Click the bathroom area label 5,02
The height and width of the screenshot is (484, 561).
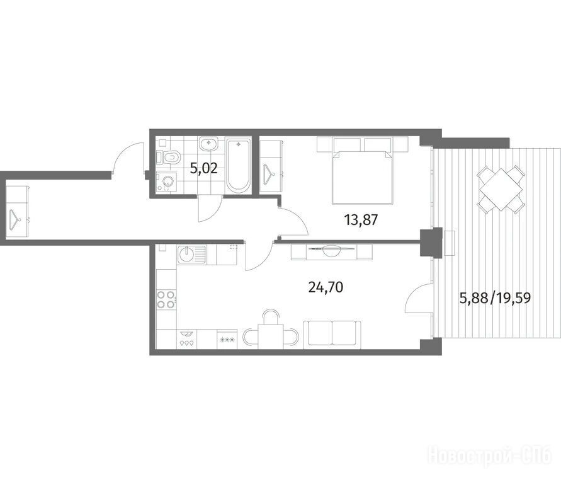203,168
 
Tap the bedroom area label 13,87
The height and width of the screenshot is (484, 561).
361,219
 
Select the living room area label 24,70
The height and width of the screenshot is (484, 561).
326,287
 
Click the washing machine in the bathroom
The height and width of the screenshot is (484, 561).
167,182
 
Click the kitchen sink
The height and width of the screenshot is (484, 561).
191,255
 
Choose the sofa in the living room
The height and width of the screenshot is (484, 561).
332,335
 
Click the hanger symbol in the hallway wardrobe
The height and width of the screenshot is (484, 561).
15,219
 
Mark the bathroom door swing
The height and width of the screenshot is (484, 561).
209,209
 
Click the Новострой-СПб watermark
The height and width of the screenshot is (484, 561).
490,455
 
